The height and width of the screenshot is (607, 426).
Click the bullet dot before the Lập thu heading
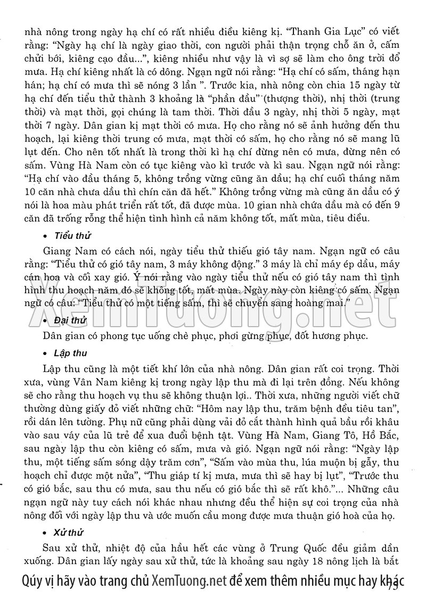tap(46, 354)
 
